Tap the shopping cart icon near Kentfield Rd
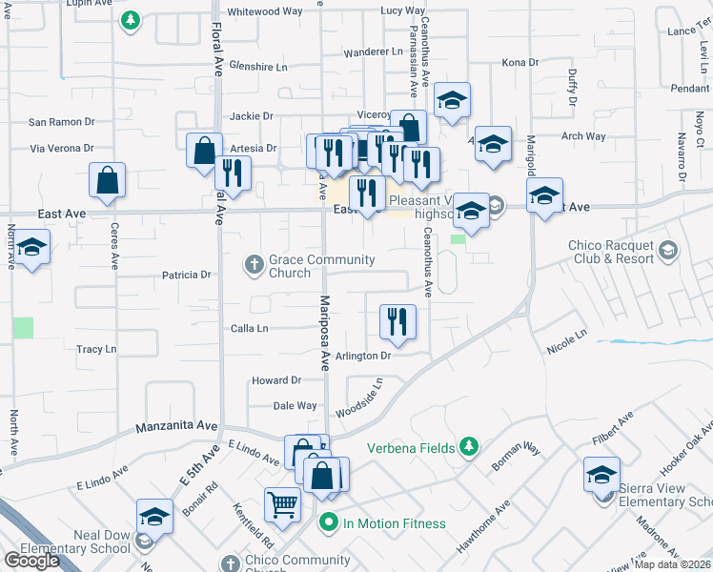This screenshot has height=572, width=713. point(283,505)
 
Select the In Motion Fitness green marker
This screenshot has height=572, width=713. point(329,522)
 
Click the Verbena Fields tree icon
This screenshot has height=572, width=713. point(468,446)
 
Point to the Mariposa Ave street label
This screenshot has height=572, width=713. point(323,333)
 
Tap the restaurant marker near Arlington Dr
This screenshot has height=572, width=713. point(397,322)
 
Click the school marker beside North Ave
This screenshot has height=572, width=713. point(31,249)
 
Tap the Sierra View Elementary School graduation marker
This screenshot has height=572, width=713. point(602,475)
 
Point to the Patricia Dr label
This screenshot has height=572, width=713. point(186,276)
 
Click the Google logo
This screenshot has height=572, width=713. point(31,561)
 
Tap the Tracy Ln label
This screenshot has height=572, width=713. point(96,350)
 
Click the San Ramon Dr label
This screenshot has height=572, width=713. point(62,122)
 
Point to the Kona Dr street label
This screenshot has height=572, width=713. point(520,63)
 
